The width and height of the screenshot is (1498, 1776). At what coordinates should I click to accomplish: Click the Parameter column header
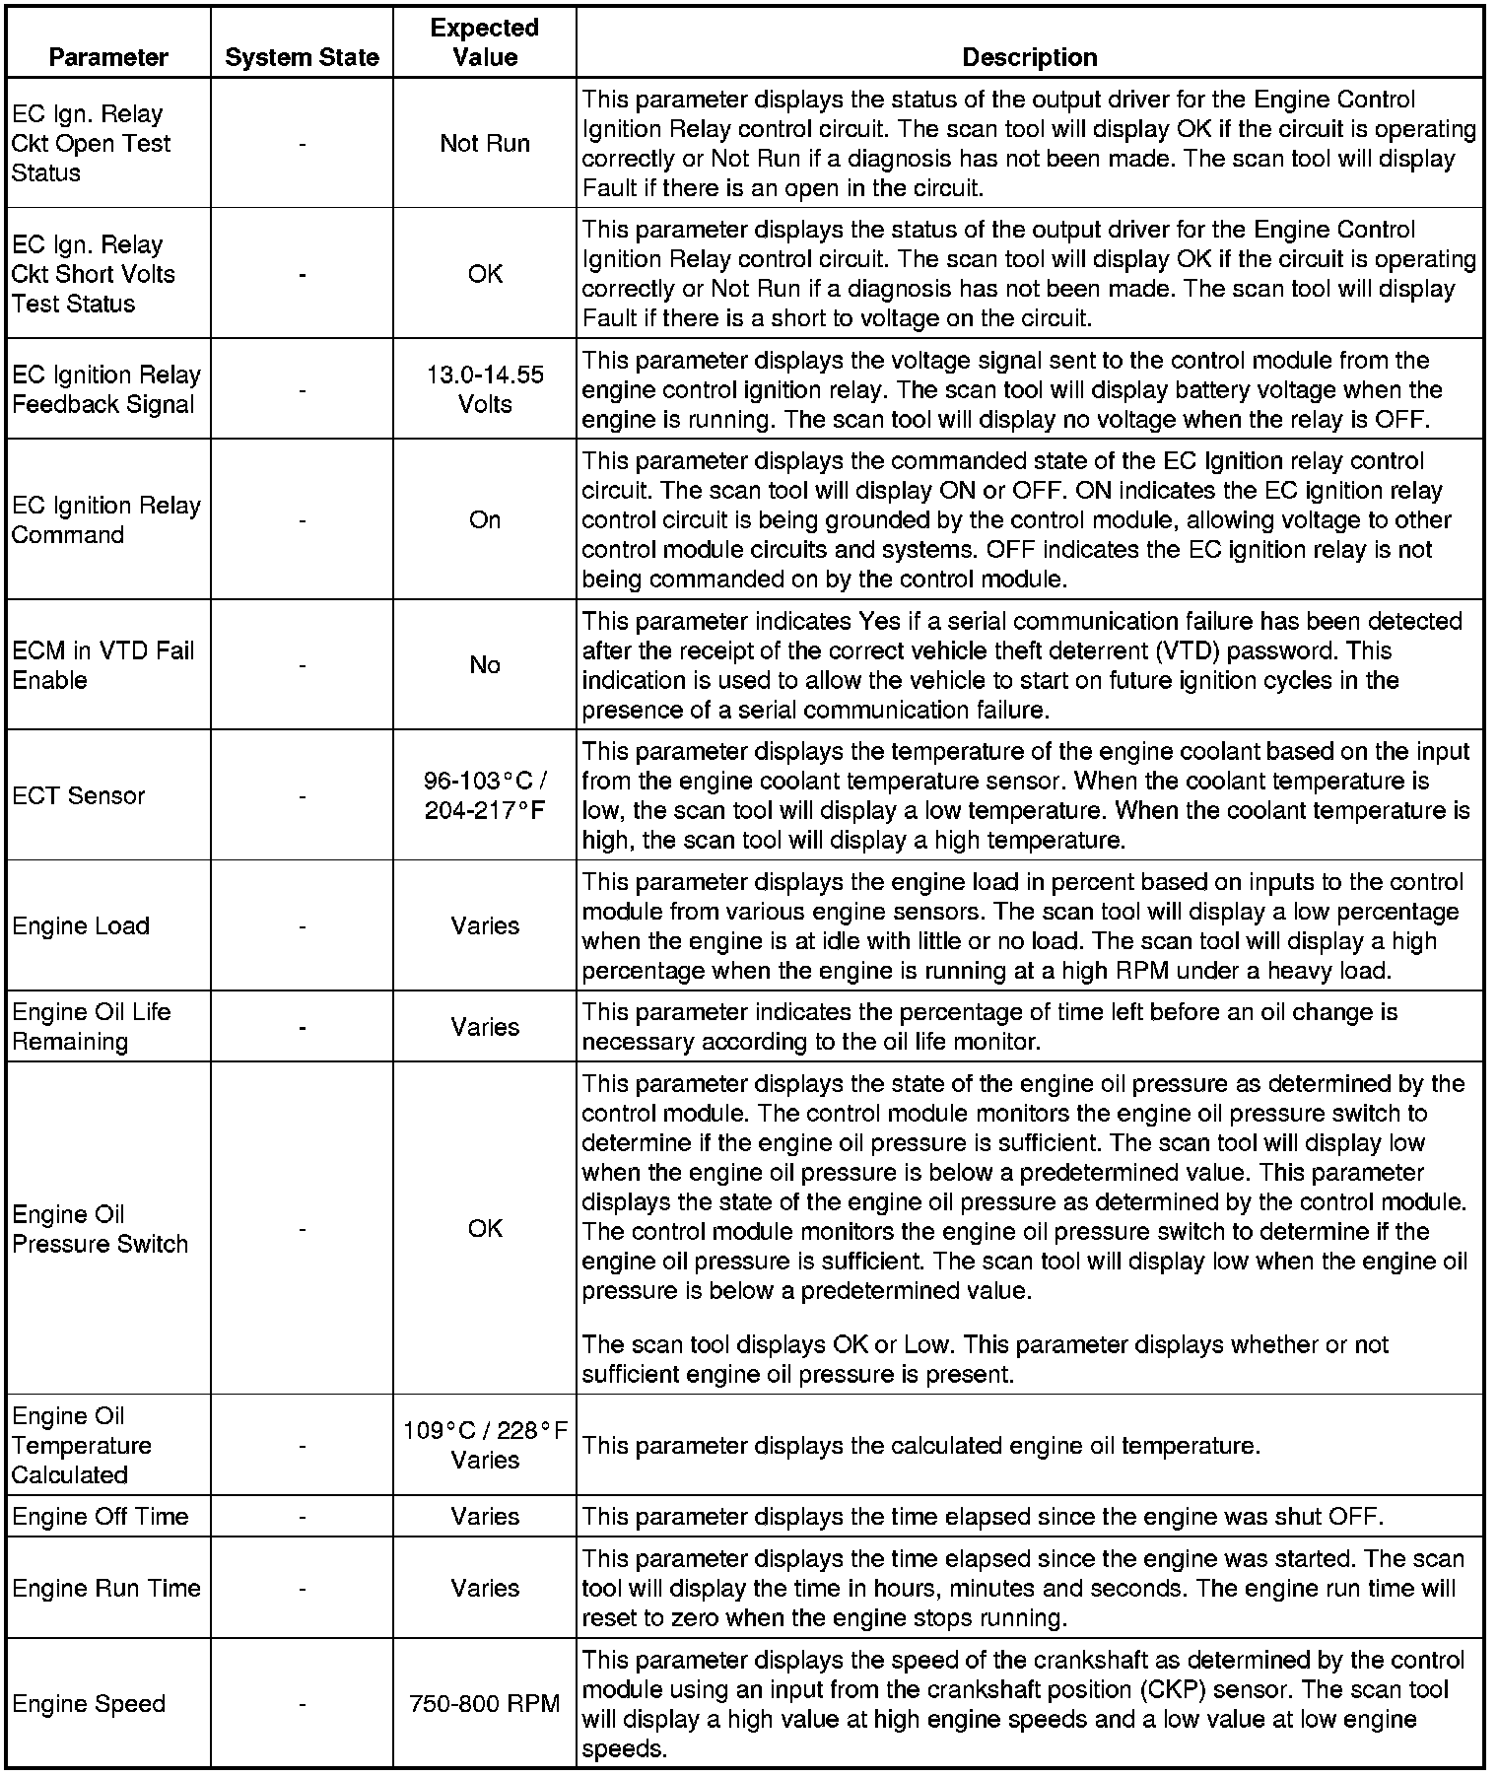pyautogui.click(x=108, y=57)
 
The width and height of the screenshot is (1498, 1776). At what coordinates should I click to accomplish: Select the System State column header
pyautogui.click(x=302, y=57)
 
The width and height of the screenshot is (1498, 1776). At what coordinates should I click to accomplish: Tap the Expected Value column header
pyautogui.click(x=485, y=42)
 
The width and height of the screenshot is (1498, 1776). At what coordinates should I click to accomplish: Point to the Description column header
pyautogui.click(x=1029, y=57)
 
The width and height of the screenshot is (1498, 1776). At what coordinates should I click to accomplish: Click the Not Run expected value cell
pyautogui.click(x=485, y=143)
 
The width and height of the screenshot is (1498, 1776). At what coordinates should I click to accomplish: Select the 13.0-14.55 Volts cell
pyautogui.click(x=485, y=389)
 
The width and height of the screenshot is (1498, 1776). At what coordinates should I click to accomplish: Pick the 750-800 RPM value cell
pyautogui.click(x=485, y=1703)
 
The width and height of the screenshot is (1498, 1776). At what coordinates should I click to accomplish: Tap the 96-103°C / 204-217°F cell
pyautogui.click(x=485, y=795)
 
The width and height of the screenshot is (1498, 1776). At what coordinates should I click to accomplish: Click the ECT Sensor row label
pyautogui.click(x=79, y=795)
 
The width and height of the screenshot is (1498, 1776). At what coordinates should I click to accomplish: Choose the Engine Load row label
pyautogui.click(x=81, y=925)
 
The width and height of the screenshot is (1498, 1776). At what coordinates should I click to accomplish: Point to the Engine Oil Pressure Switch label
pyautogui.click(x=100, y=1228)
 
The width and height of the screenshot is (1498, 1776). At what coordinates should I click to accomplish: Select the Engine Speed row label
pyautogui.click(x=89, y=1703)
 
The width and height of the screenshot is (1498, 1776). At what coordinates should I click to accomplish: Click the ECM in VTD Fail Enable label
pyautogui.click(x=102, y=665)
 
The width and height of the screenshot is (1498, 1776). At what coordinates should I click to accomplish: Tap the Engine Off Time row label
pyautogui.click(x=100, y=1516)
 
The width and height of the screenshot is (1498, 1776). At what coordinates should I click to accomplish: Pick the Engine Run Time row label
pyautogui.click(x=106, y=1588)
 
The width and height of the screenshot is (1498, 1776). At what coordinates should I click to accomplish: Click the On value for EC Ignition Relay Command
pyautogui.click(x=485, y=519)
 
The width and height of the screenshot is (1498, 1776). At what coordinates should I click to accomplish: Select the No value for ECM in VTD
pyautogui.click(x=485, y=665)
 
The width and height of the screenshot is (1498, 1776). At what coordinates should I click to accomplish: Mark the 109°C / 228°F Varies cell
pyautogui.click(x=485, y=1445)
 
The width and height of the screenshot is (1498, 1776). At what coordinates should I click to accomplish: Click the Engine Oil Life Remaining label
pyautogui.click(x=91, y=1026)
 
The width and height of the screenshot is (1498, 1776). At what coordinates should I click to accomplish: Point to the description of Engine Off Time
pyautogui.click(x=983, y=1516)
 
